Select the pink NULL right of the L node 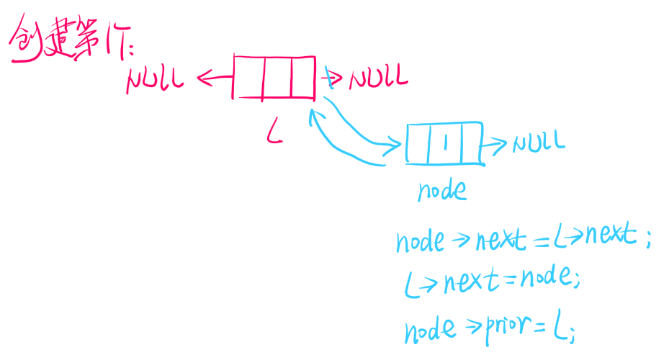click(x=378, y=77)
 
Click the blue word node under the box click(x=441, y=189)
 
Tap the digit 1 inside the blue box click(x=446, y=143)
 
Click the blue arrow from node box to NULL click(x=495, y=145)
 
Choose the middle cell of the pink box click(x=277, y=77)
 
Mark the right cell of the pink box click(x=302, y=77)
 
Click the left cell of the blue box click(x=418, y=144)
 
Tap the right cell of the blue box click(x=468, y=143)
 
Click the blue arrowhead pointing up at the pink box click(x=311, y=115)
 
